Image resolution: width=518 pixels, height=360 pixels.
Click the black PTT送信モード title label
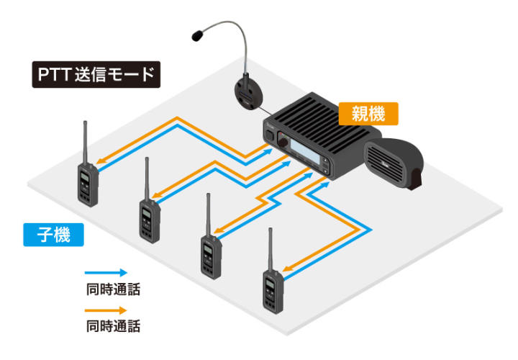(96, 74)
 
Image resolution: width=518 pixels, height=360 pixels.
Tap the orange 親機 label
(368, 114)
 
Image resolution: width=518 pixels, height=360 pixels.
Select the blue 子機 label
(53, 235)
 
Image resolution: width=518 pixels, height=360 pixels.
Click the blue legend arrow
(106, 273)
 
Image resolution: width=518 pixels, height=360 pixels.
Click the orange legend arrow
(106, 310)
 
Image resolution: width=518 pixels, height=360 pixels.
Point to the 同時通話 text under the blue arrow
(113, 289)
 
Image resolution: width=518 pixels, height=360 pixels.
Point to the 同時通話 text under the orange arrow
(113, 326)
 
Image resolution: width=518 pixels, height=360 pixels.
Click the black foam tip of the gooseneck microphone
(198, 36)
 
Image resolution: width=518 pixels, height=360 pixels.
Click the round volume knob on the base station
(283, 142)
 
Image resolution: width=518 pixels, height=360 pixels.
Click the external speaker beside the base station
(394, 163)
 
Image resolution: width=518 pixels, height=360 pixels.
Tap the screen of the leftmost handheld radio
(85, 178)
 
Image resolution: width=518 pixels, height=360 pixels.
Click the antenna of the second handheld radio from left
(147, 179)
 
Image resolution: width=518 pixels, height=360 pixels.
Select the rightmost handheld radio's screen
(271, 284)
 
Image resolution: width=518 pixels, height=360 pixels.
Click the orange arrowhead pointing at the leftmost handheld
(101, 161)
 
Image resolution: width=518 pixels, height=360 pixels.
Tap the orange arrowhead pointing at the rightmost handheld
(287, 269)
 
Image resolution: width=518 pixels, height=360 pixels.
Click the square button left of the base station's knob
(270, 135)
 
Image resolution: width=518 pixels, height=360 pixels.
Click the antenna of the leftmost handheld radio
(85, 143)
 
